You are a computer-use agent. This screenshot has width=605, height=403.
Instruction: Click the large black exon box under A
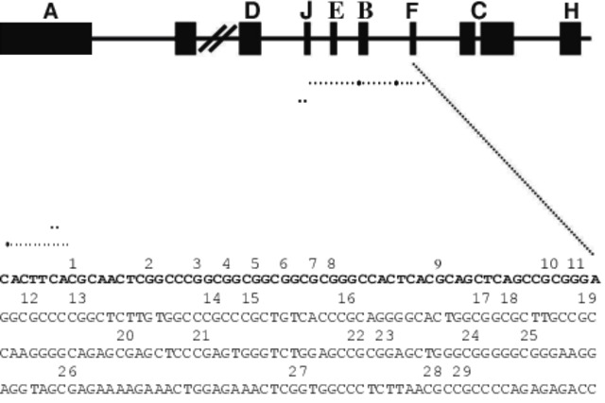[45, 39]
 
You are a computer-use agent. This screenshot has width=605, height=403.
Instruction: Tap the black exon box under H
[570, 39]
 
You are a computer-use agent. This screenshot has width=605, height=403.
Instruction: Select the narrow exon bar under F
[413, 39]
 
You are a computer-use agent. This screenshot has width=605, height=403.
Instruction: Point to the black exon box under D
[251, 39]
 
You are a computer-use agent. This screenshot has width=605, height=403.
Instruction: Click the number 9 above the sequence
[438, 262]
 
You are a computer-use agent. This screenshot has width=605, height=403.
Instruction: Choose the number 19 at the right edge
[587, 298]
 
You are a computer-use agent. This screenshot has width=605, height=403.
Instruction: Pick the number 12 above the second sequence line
[29, 298]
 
